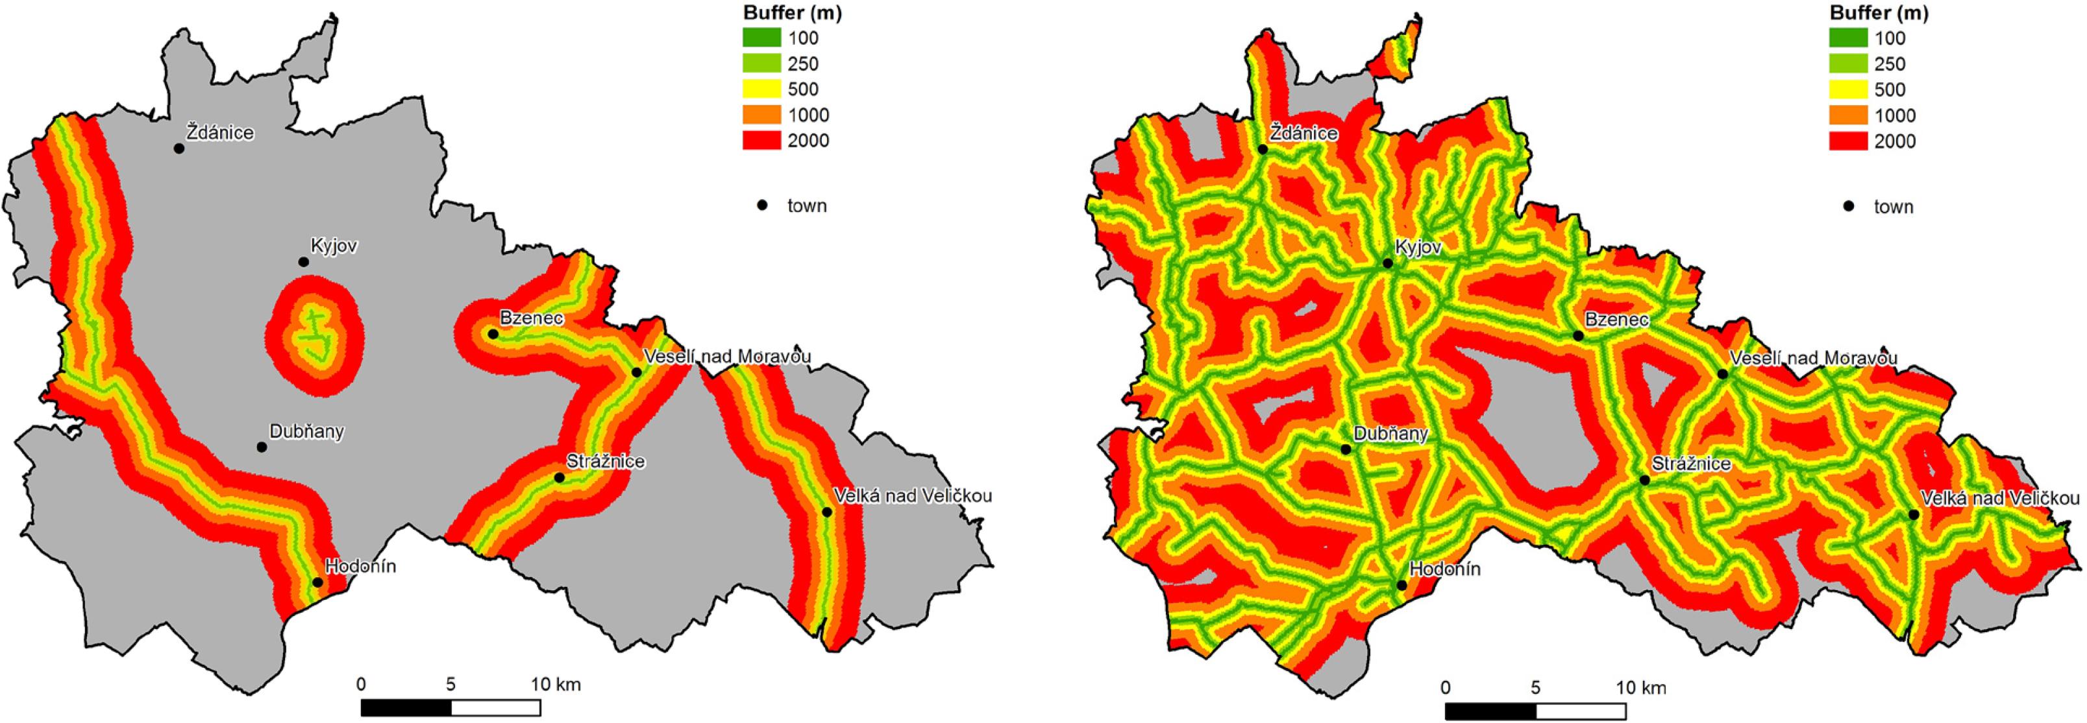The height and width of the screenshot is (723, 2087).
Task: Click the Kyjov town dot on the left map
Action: (304, 261)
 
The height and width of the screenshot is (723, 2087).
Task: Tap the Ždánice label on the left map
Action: (220, 133)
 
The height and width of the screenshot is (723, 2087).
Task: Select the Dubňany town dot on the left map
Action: (262, 447)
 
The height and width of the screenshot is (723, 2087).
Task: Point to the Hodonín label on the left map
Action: (360, 566)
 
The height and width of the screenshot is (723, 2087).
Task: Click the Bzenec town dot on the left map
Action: (493, 333)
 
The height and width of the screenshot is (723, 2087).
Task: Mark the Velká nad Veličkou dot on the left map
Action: (826, 512)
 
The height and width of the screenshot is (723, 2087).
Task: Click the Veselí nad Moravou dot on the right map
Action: (1722, 374)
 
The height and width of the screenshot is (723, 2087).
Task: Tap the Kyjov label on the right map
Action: (1418, 248)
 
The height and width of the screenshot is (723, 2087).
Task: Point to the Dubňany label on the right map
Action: (1390, 434)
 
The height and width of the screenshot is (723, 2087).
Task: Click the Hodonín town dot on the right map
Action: (1402, 584)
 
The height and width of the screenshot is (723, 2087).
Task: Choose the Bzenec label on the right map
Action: (1616, 320)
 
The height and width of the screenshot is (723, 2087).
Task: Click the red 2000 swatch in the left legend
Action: (761, 140)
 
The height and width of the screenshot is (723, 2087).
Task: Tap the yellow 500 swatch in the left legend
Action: (761, 89)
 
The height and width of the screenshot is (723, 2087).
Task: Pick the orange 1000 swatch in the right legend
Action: (1849, 115)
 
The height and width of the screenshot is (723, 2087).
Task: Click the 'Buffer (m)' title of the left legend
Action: (780, 13)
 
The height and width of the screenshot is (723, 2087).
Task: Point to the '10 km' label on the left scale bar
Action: (556, 684)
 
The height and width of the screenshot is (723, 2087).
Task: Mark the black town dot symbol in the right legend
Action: (1849, 206)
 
